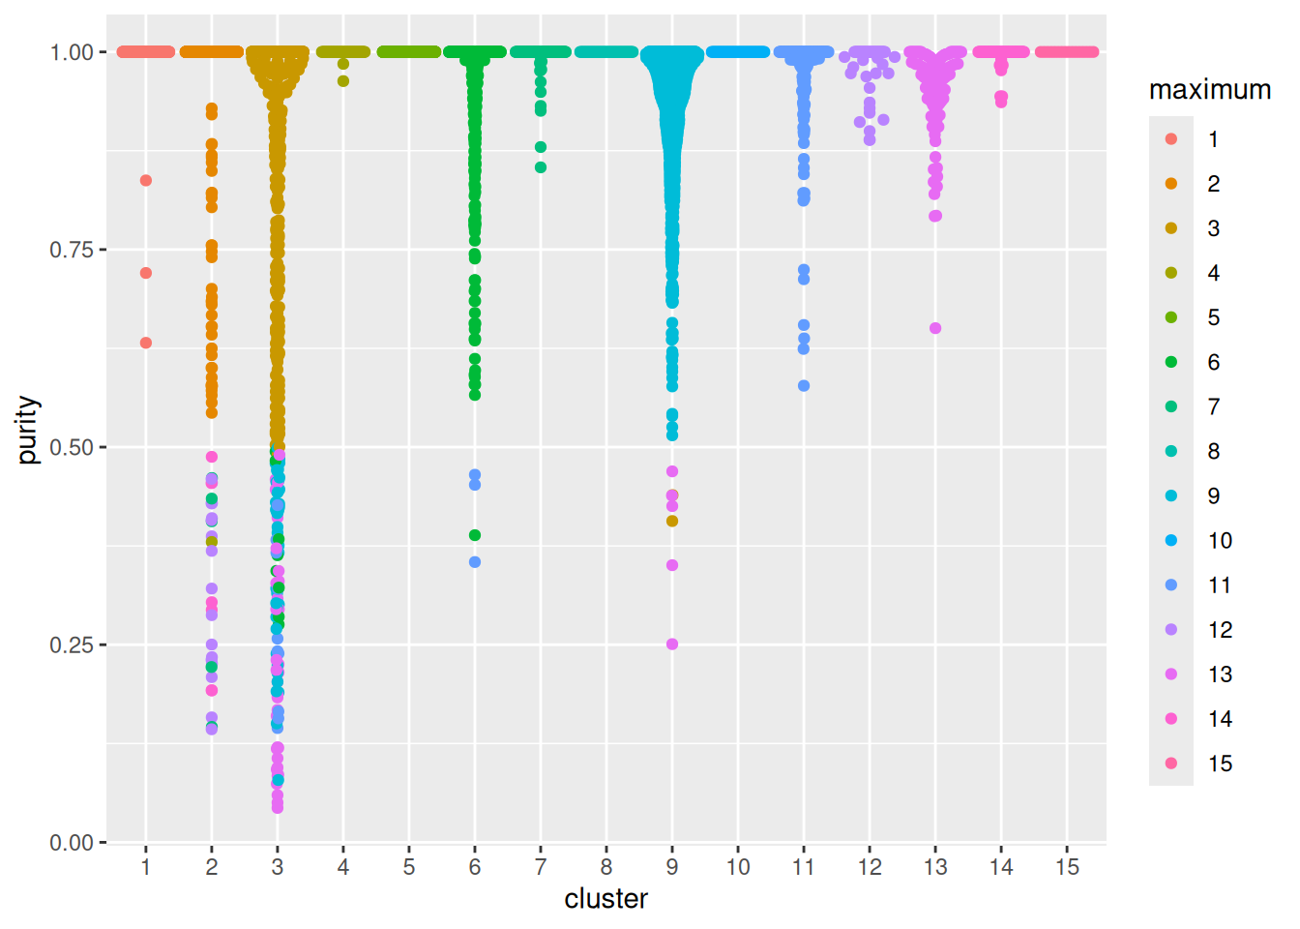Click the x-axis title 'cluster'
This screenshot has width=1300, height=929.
pos(606,899)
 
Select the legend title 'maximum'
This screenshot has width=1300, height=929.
pos(1209,90)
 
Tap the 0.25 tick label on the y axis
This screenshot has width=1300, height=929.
pos(73,644)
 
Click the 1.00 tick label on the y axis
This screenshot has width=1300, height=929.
pos(73,52)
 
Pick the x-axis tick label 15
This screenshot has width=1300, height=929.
pos(1067,867)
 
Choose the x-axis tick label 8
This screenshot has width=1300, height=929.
pos(606,867)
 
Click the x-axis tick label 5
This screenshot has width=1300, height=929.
pos(409,867)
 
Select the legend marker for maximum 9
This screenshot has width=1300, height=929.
pos(1171,495)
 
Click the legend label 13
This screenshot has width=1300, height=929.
pos(1220,674)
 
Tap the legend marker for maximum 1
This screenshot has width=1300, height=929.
pos(1171,139)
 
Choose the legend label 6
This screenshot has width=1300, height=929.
pos(1213,362)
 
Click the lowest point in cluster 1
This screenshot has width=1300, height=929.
pos(146,343)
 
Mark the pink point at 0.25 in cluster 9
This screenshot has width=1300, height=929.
pos(672,644)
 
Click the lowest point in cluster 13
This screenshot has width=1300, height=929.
pos(935,328)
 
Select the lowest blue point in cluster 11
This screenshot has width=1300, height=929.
pos(804,386)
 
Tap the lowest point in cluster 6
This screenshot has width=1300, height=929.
pos(475,562)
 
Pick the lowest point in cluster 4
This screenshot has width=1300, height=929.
pos(343,81)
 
